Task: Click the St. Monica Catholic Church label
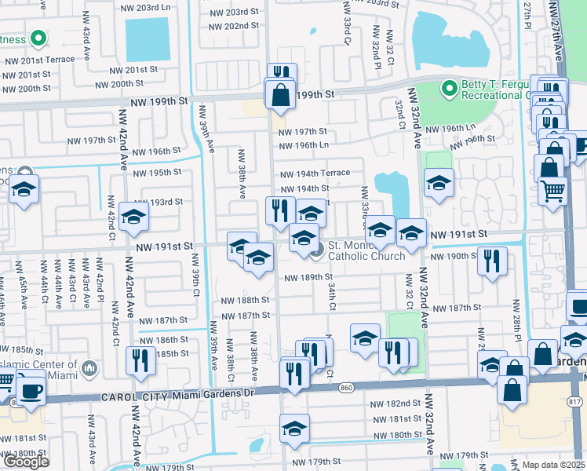click(x=366, y=250)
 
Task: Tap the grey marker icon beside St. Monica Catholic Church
click(x=317, y=250)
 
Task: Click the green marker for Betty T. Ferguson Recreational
click(x=450, y=88)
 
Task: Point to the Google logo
click(x=26, y=462)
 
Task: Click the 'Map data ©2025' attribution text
click(x=553, y=465)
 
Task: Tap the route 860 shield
click(x=346, y=388)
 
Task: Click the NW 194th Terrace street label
click(x=312, y=173)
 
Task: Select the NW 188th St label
click(x=244, y=301)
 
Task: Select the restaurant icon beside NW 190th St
click(x=492, y=260)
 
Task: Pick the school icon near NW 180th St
click(x=294, y=428)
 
